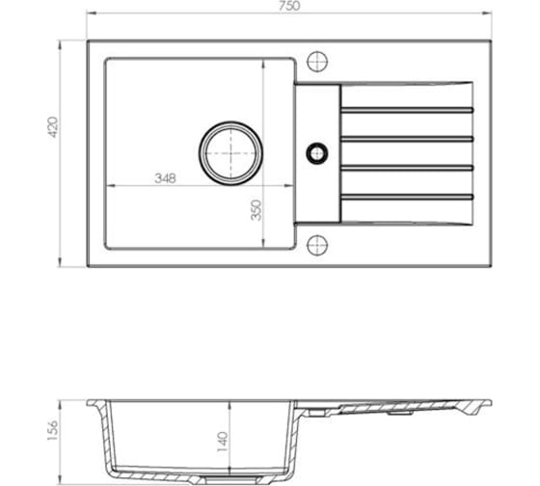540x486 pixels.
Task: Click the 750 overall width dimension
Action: click(289, 6)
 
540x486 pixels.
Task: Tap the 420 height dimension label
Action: click(53, 127)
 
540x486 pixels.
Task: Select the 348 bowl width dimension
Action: click(165, 178)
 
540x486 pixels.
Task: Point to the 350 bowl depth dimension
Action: click(256, 210)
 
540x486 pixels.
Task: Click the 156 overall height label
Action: click(53, 430)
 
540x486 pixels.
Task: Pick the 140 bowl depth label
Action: click(223, 442)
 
